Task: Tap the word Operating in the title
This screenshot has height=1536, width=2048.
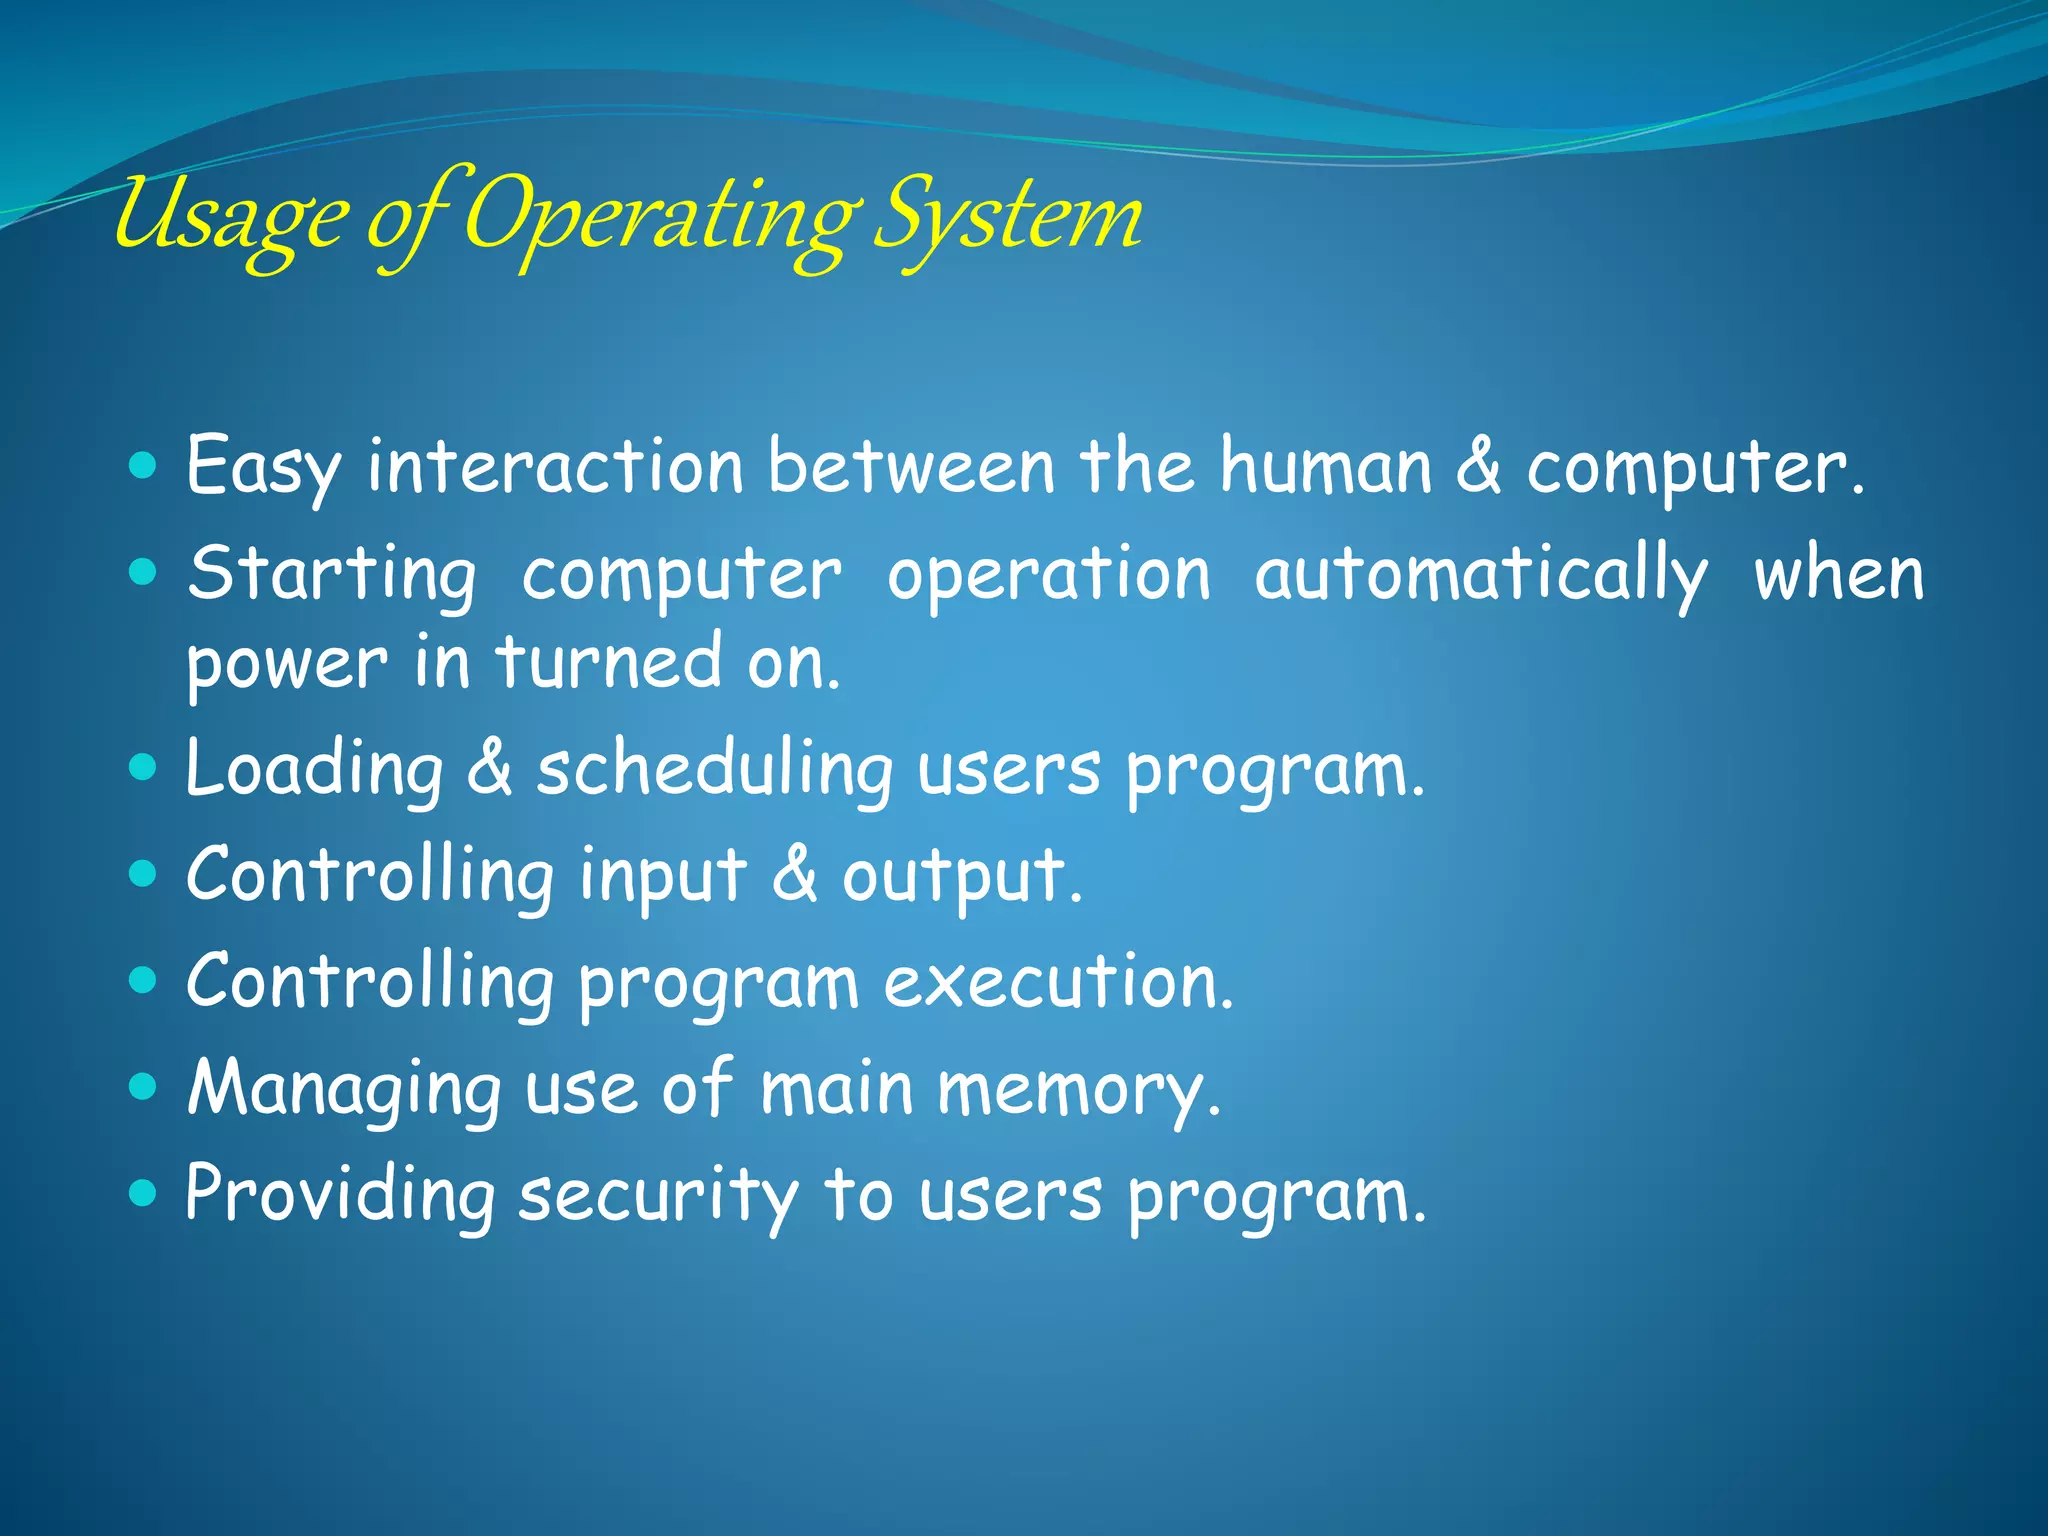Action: (x=660, y=218)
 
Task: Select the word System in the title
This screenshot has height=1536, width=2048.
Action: (x=1008, y=218)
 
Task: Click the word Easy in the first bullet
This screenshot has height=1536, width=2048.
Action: (x=263, y=466)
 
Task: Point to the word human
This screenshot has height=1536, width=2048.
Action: (x=1326, y=466)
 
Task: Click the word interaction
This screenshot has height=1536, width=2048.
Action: (x=555, y=466)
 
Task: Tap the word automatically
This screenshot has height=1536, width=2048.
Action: (x=1480, y=575)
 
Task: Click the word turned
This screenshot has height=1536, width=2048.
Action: (x=608, y=662)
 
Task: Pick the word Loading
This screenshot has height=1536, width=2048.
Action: (x=314, y=770)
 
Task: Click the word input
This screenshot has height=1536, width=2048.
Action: (x=662, y=876)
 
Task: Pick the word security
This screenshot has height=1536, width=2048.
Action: (x=658, y=1196)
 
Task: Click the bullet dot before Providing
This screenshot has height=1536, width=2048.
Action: (x=144, y=1193)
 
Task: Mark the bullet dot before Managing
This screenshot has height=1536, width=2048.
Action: (x=144, y=1086)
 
